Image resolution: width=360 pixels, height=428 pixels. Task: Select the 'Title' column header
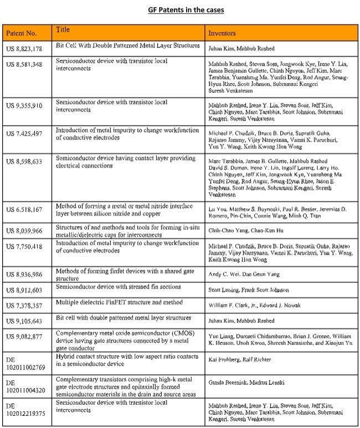click(x=63, y=29)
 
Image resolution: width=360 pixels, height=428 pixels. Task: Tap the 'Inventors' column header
click(x=222, y=33)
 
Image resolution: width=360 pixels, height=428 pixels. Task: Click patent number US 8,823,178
click(x=24, y=49)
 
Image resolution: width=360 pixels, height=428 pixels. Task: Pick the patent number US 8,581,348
click(x=24, y=64)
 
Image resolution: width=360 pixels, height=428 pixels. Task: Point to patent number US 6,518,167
click(x=24, y=210)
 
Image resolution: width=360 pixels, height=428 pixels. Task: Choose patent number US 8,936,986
click(x=24, y=275)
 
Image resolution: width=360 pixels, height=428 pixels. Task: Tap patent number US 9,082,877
click(x=24, y=336)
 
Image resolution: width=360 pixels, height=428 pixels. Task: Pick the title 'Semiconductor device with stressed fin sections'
click(x=119, y=288)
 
